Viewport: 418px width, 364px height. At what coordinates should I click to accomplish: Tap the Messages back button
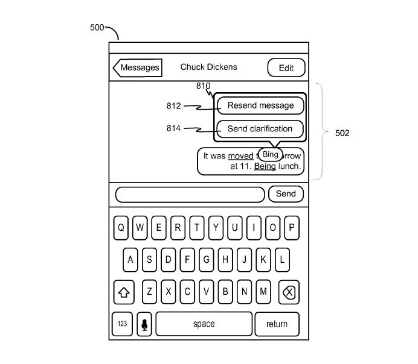point(138,67)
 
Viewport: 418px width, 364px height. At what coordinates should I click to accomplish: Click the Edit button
point(286,68)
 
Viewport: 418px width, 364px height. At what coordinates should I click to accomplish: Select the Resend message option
point(260,105)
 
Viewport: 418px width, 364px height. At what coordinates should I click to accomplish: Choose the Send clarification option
point(260,128)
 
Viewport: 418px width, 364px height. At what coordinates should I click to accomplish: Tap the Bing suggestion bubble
point(270,154)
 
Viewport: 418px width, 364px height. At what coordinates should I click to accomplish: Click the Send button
point(286,193)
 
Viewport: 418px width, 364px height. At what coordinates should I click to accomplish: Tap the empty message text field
point(190,194)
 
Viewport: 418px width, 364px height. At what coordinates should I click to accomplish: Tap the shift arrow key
point(124,293)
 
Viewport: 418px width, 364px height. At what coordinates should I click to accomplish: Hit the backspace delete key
point(289,293)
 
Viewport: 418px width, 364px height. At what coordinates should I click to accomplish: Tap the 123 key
point(123,324)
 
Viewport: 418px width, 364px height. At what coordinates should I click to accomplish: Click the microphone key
point(144,324)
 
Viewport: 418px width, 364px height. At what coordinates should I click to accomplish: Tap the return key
point(277,324)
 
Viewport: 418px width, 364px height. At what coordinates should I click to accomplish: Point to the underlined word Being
point(265,166)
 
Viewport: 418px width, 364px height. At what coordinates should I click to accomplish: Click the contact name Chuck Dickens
point(209,67)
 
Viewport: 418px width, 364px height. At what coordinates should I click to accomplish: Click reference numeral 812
point(174,106)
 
